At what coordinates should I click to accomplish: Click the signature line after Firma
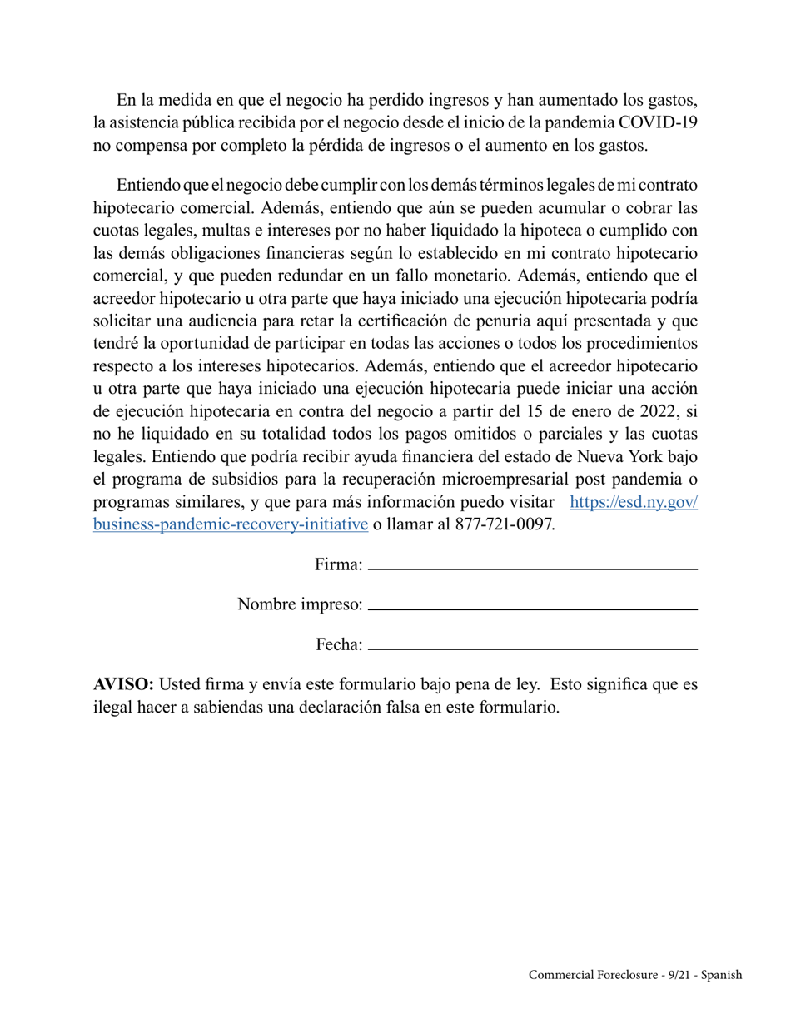tap(532, 568)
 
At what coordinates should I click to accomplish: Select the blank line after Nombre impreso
tap(532, 609)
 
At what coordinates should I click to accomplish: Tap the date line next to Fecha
tap(532, 648)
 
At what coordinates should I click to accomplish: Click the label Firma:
tap(338, 565)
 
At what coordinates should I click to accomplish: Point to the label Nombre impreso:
tap(300, 604)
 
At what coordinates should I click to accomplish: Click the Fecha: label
tap(339, 644)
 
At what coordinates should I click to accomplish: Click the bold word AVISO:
tap(123, 685)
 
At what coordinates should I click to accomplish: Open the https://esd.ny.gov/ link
tap(634, 502)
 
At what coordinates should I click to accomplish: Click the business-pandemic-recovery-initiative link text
tap(231, 524)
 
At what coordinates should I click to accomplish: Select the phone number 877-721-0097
tap(505, 524)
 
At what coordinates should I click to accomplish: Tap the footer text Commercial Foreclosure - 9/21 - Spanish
tap(634, 975)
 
